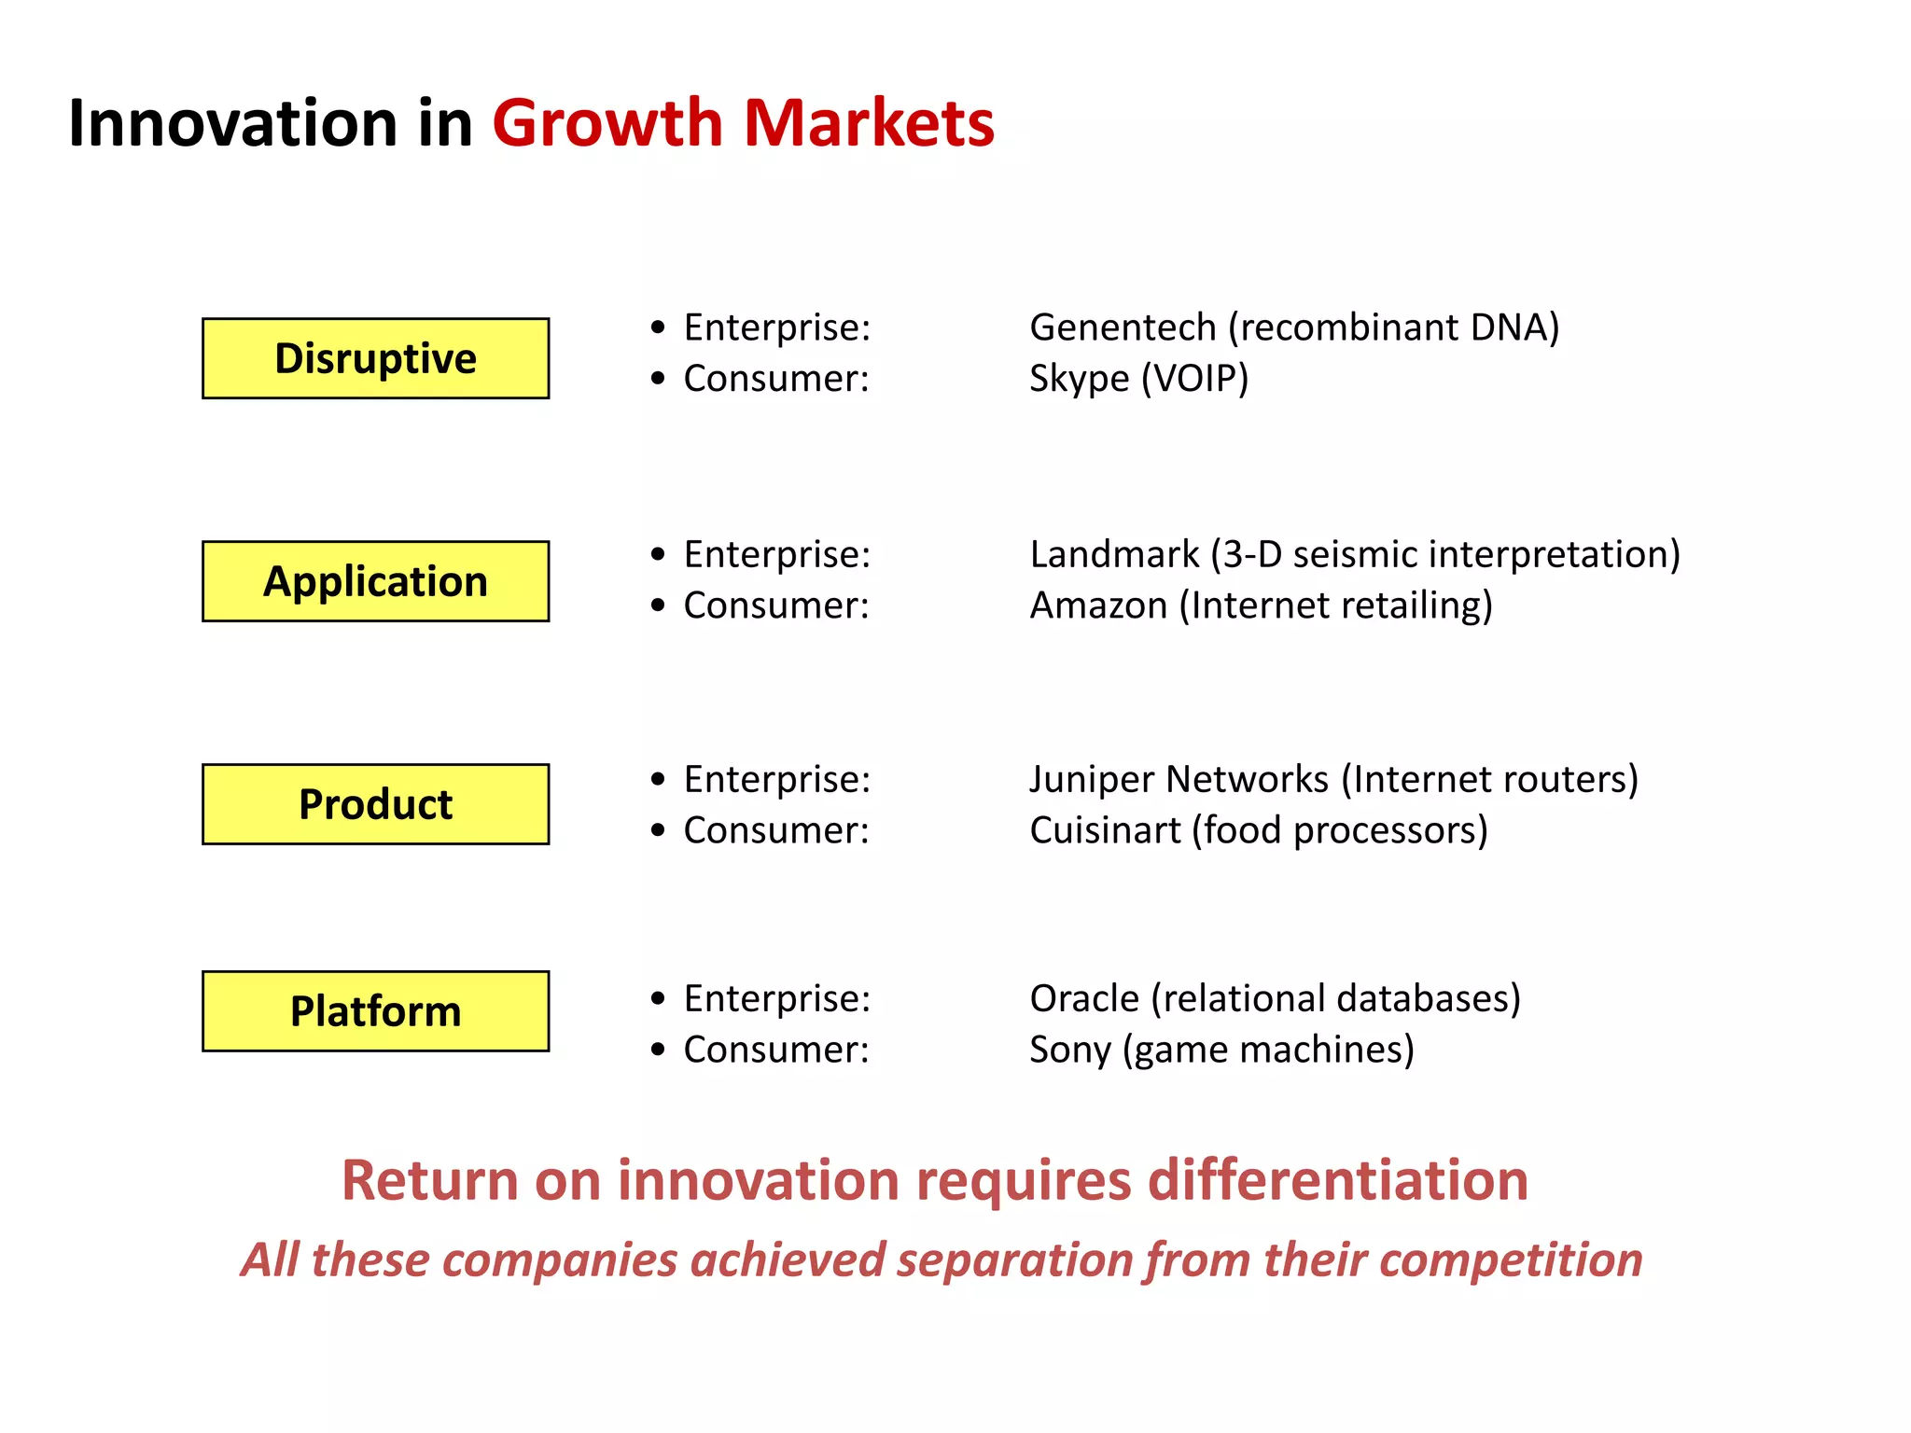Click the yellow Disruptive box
(375, 358)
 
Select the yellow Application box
(375, 581)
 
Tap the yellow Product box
(375, 804)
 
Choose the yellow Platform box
(375, 1011)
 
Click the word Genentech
(1123, 327)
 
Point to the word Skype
(1079, 380)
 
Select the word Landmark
(1114, 554)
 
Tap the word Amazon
(1098, 605)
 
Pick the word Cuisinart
(1105, 830)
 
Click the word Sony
(1069, 1050)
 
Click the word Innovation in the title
(233, 123)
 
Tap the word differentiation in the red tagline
(1337, 1180)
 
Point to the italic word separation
(1014, 1259)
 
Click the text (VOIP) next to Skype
(1194, 379)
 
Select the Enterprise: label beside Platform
(776, 998)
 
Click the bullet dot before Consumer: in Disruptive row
(659, 379)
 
